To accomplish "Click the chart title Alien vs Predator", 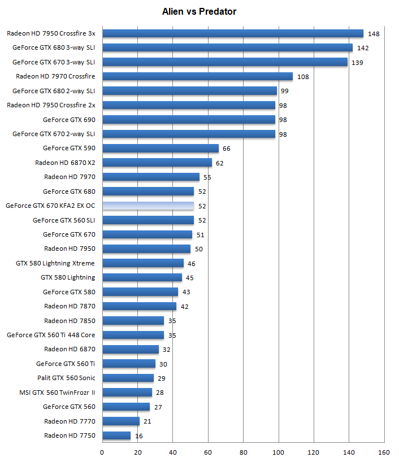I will click(199, 11).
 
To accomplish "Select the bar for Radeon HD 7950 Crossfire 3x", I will click(232, 33).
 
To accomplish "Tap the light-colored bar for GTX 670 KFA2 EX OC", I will click(148, 206).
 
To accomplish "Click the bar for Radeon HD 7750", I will click(116, 435).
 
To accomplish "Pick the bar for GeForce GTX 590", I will click(161, 148).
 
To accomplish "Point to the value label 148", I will click(374, 34).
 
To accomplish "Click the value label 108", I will click(302, 77).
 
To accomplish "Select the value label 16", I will click(138, 436).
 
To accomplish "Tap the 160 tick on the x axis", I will click(384, 452).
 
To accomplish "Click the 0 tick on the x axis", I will click(102, 452).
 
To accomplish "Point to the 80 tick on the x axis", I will click(243, 452).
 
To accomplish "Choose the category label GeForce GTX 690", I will click(69, 120).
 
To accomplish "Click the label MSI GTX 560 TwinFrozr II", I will click(57, 393).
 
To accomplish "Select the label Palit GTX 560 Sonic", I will click(66, 378).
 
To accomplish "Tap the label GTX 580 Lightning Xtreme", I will click(55, 263).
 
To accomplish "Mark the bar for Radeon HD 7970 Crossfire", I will click(197, 76).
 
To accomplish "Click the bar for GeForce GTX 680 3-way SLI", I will click(227, 47).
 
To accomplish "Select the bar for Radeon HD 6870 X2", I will click(157, 163).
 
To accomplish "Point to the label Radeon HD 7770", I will click(70, 421).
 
